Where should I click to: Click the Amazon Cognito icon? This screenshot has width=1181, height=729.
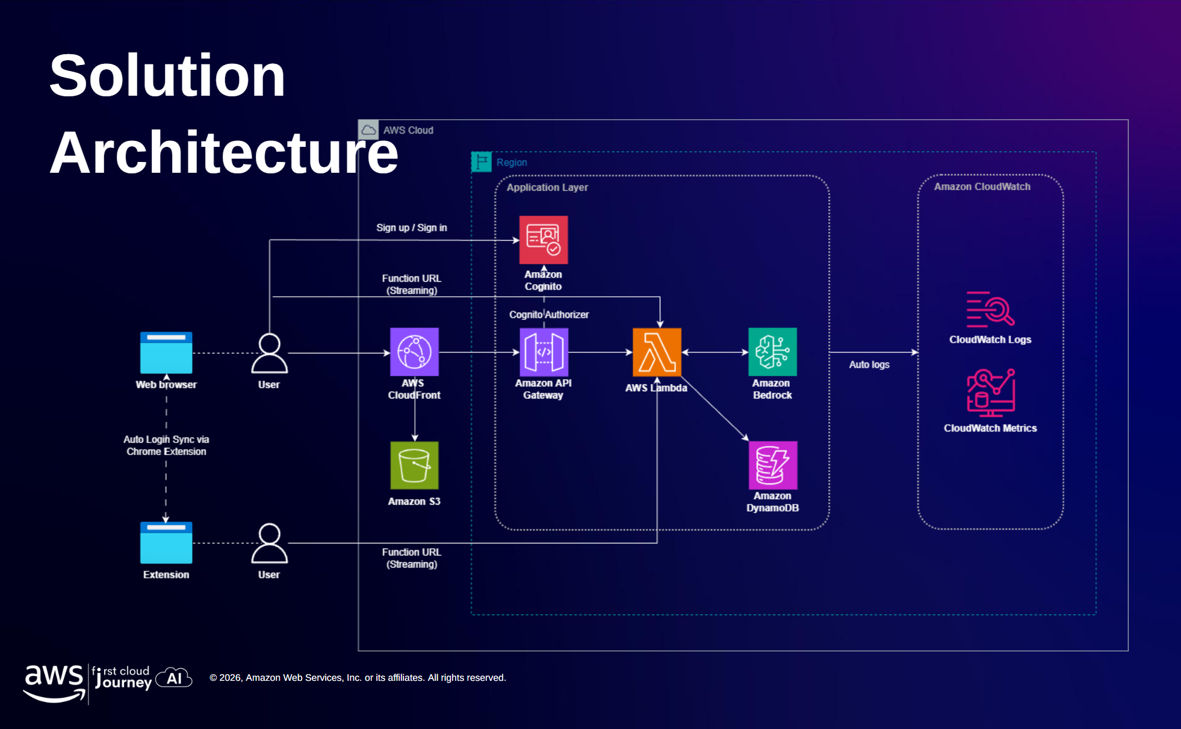pos(543,240)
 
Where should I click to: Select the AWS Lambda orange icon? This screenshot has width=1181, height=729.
pos(657,352)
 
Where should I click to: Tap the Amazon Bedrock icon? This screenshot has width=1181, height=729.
pos(772,352)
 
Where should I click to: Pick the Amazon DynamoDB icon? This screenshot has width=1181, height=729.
pos(772,465)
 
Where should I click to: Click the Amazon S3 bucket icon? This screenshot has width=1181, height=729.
pos(414,465)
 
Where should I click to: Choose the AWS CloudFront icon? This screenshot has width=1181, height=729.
pos(414,352)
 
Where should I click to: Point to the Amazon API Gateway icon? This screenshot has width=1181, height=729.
pos(544,352)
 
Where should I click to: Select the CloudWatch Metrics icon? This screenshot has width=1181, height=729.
pos(990,392)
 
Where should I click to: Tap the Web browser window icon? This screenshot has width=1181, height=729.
pos(166,353)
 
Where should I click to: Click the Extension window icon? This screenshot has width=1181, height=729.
pos(166,542)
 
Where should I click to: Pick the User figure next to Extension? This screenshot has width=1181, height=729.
pos(269,543)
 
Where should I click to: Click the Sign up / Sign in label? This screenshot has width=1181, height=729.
pos(411,228)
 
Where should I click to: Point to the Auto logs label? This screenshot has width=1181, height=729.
pos(869,364)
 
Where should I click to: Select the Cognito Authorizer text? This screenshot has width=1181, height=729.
pos(548,314)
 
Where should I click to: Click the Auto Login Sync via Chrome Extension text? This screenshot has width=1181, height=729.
pos(166,445)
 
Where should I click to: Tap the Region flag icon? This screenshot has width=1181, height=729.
pos(481,162)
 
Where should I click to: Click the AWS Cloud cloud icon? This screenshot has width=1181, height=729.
pos(368,130)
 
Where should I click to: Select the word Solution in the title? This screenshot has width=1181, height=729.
pos(167,76)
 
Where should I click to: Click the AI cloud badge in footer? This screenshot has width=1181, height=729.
pos(174,678)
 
